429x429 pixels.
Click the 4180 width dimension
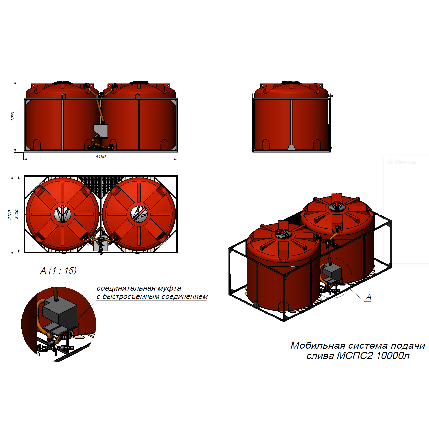coord(101,156)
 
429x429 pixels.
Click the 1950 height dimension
coord(13,116)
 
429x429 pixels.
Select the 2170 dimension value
coord(9,214)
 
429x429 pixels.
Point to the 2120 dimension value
coord(16,214)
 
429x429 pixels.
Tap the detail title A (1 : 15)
coord(58,271)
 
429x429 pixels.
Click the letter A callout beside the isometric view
coord(369,297)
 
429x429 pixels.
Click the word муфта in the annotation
coord(169,288)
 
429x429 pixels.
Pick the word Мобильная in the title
coord(318,346)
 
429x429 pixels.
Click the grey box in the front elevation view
coord(101,131)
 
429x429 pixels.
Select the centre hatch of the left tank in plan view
coord(63,214)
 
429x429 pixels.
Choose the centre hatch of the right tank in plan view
coord(139,214)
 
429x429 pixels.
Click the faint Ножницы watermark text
coord(405,162)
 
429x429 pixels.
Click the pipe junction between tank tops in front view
coord(101,95)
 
